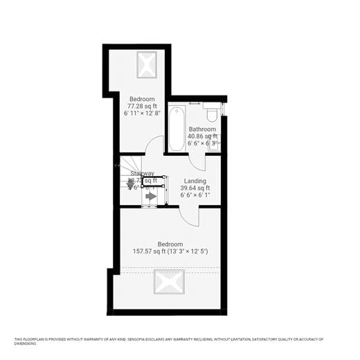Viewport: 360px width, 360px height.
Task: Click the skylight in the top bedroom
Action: pyautogui.click(x=147, y=65)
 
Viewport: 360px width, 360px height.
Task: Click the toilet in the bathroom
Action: pyautogui.click(x=212, y=113)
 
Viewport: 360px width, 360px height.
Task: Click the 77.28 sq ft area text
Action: pyautogui.click(x=141, y=106)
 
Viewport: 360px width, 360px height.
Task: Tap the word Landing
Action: pyautogui.click(x=195, y=181)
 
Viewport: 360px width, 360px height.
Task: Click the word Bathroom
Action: pyautogui.click(x=202, y=129)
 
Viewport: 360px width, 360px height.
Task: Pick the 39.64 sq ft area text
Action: pyautogui.click(x=195, y=188)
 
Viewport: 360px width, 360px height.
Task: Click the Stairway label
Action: pyautogui.click(x=142, y=174)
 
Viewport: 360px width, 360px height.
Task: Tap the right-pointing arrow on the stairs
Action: pyautogui.click(x=151, y=196)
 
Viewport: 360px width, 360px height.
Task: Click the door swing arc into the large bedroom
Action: pyautogui.click(x=190, y=216)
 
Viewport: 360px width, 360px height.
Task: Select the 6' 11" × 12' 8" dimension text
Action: pyautogui.click(x=143, y=113)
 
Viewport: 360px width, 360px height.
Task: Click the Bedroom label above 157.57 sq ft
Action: pyautogui.click(x=170, y=244)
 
